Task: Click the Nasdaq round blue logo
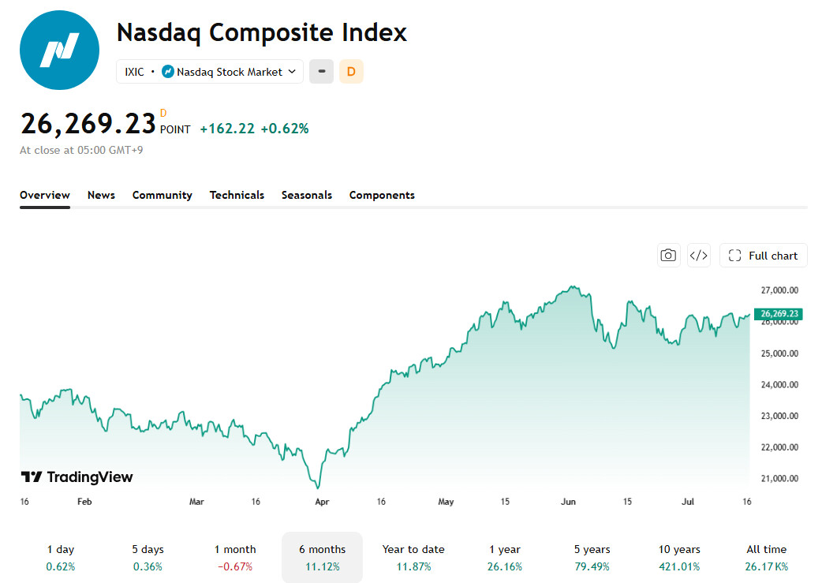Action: [x=59, y=50]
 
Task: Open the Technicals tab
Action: [x=237, y=195]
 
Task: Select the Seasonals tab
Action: [x=307, y=195]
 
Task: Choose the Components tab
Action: [x=382, y=195]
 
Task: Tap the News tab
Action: [x=101, y=195]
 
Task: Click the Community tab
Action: [x=162, y=195]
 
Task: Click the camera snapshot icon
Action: [x=668, y=256]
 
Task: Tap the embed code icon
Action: [x=699, y=256]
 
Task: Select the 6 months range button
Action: [x=323, y=557]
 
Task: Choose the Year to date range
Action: [x=413, y=557]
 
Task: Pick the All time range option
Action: [x=767, y=557]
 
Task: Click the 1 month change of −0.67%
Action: [x=235, y=566]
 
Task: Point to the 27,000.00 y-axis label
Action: [x=779, y=290]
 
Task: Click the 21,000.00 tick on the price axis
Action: [x=779, y=479]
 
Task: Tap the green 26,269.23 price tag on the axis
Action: [x=779, y=313]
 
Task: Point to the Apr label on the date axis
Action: [x=322, y=502]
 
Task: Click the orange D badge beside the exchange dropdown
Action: [x=351, y=72]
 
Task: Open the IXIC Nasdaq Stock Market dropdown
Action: [x=210, y=72]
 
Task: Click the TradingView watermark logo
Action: [x=77, y=477]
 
